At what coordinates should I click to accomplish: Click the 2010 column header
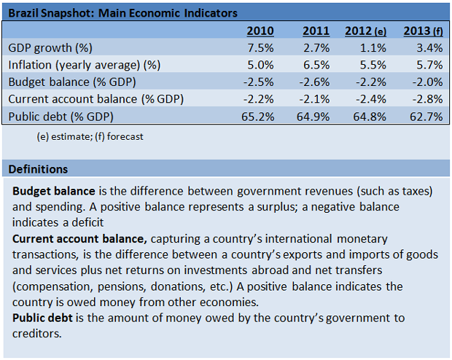[260, 31]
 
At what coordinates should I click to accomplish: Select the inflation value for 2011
[317, 65]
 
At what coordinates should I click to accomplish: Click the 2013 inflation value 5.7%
[429, 65]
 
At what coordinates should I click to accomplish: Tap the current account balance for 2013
[426, 98]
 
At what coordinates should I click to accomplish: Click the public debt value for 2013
[426, 115]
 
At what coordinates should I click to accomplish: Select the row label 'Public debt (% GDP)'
[61, 115]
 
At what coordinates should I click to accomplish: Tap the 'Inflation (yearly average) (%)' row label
[83, 65]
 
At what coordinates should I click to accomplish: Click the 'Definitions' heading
[38, 169]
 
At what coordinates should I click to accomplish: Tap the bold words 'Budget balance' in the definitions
[54, 191]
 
